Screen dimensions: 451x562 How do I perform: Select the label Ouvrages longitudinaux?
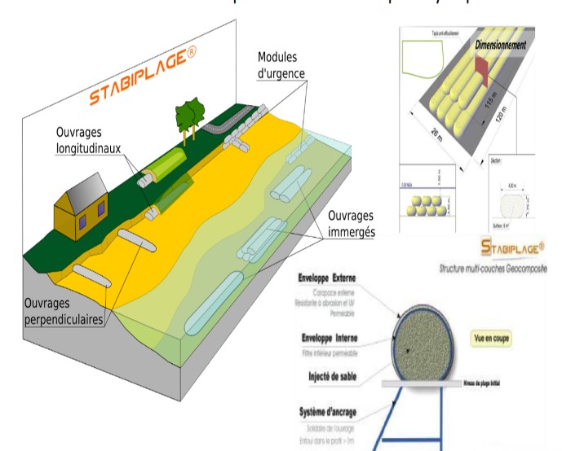pyautogui.click(x=91, y=140)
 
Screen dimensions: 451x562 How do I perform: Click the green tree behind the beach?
pyautogui.click(x=188, y=115)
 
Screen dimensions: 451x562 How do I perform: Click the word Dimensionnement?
pyautogui.click(x=500, y=46)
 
